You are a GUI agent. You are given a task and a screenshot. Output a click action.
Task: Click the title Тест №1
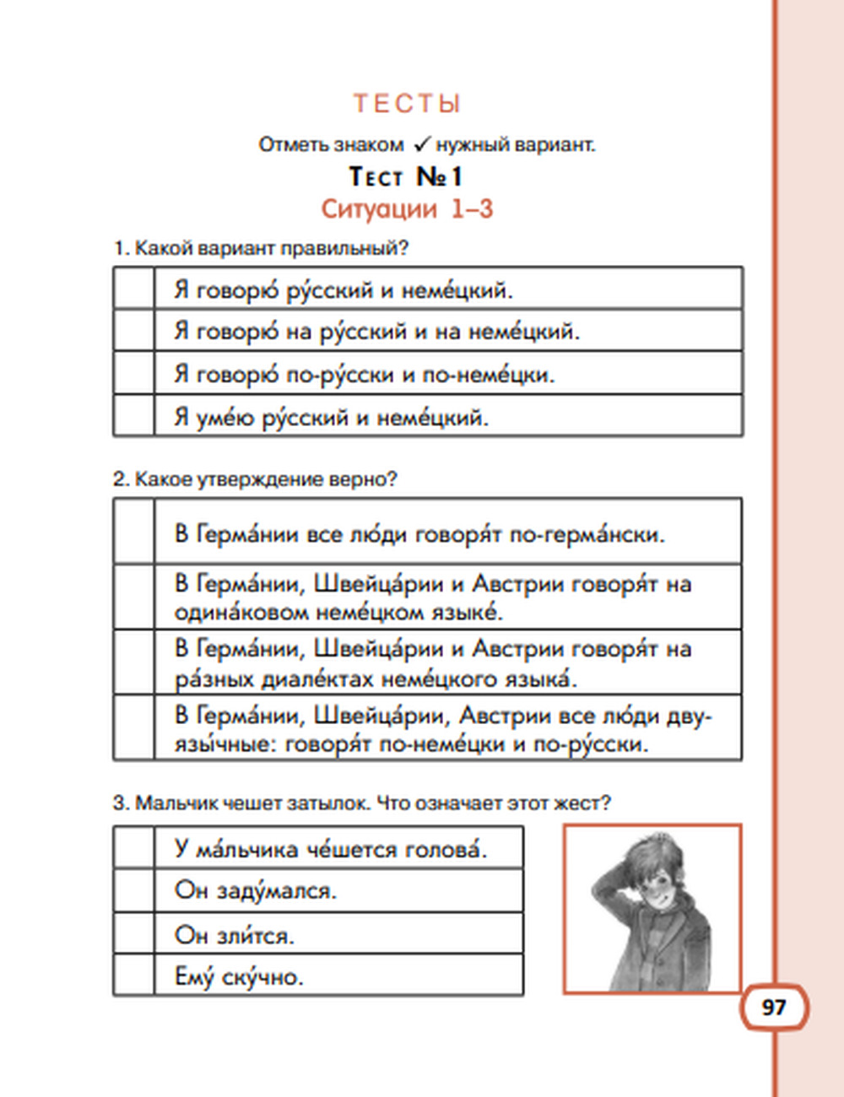coord(406,177)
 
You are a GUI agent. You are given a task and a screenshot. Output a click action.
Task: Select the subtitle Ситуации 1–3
coord(407,208)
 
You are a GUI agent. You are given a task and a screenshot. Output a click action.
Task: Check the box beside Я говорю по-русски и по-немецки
coord(134,373)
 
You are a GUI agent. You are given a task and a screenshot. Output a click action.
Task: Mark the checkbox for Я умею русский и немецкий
coord(134,415)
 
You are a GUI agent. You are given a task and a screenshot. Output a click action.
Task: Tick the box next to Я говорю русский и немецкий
coord(134,289)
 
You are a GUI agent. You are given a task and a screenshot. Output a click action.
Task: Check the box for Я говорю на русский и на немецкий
coord(134,331)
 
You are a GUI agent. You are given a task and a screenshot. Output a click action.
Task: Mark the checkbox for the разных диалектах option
coord(134,662)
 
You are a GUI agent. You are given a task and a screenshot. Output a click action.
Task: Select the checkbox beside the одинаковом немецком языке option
coord(134,597)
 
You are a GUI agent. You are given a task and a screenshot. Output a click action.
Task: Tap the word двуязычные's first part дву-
coord(690,716)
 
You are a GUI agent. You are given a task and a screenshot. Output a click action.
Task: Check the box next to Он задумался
coord(134,890)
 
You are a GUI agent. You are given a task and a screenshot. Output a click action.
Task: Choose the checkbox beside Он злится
coord(134,933)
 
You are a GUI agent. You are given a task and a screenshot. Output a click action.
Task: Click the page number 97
coord(774,1008)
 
